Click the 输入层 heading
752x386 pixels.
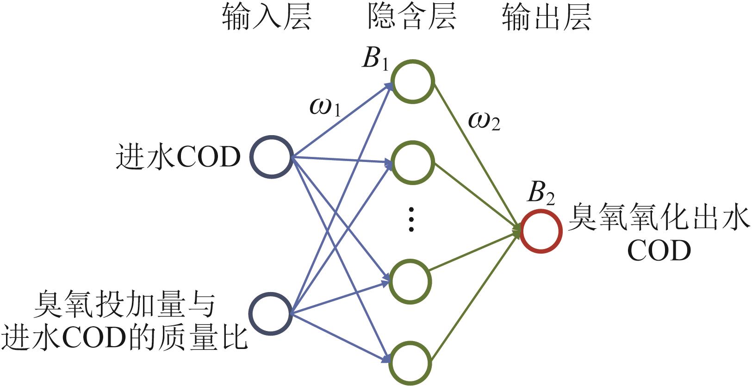(x=267, y=19)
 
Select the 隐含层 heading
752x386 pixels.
(x=411, y=19)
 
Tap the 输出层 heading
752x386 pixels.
(x=547, y=19)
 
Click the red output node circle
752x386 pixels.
(x=541, y=231)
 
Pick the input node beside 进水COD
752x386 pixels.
(x=271, y=157)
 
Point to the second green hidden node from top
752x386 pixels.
(x=412, y=162)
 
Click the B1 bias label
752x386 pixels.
(x=375, y=60)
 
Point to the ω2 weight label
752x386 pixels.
(x=484, y=121)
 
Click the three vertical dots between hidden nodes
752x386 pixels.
(x=410, y=219)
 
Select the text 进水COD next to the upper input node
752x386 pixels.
(x=178, y=157)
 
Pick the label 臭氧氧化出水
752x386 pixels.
(x=658, y=218)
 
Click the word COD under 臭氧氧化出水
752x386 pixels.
(x=659, y=251)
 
